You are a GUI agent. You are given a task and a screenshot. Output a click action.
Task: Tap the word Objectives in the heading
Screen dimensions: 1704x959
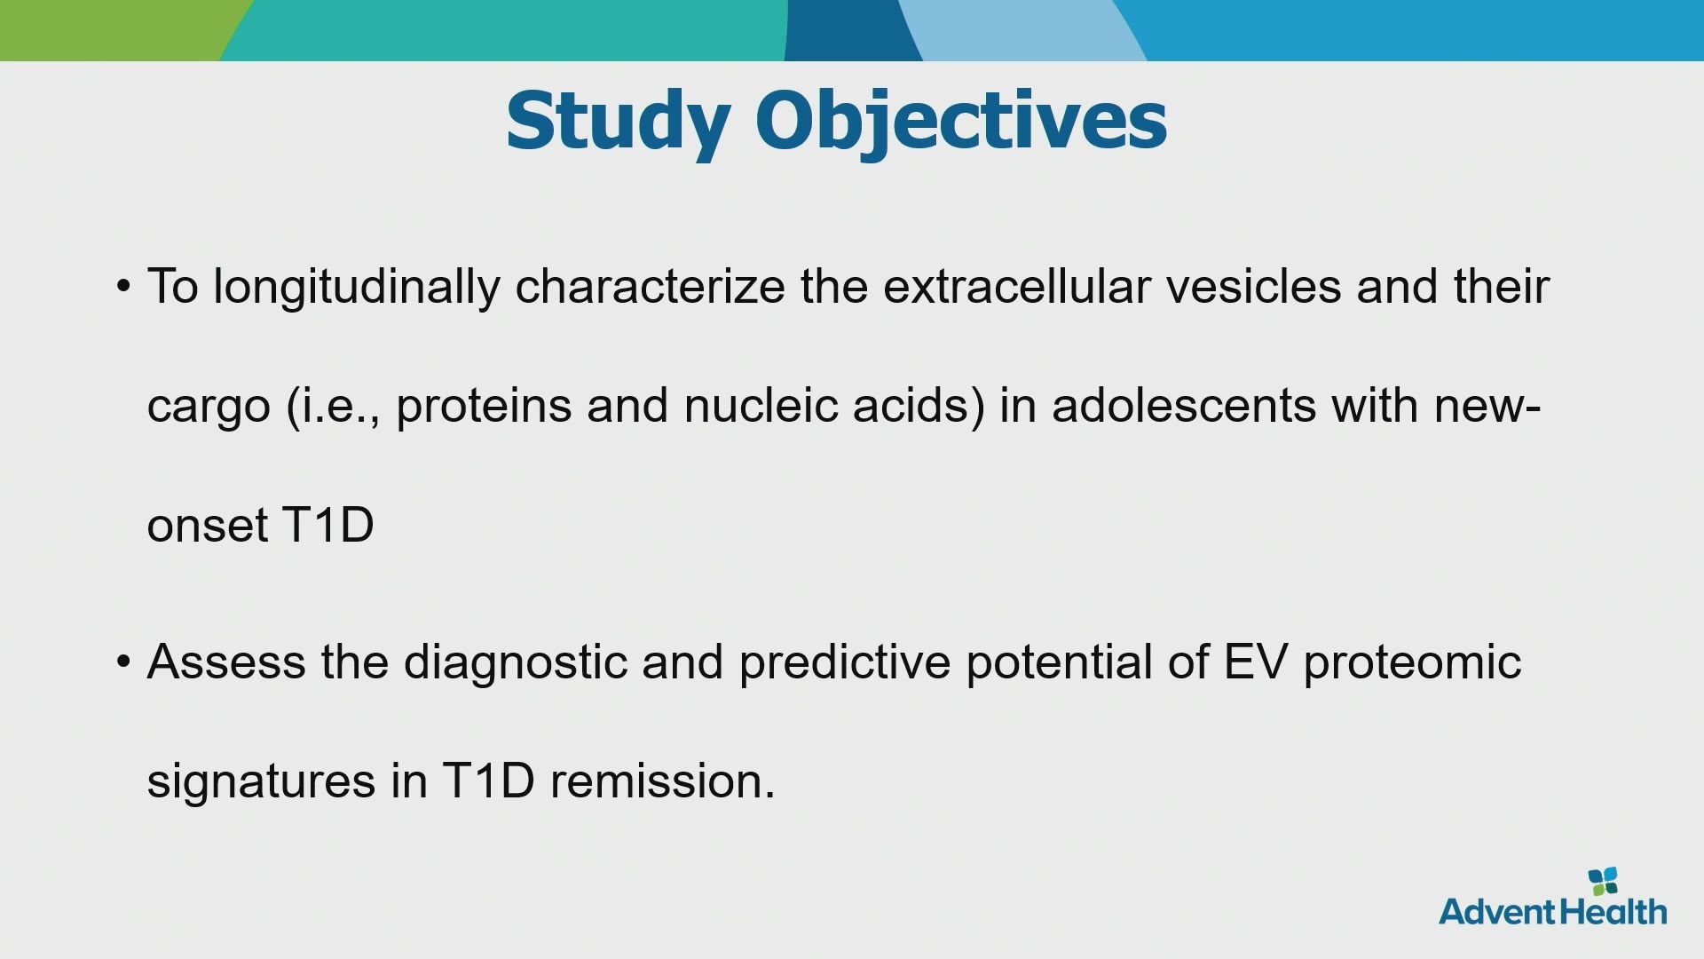click(961, 123)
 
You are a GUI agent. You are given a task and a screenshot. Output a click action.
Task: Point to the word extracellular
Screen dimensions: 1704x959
click(1017, 287)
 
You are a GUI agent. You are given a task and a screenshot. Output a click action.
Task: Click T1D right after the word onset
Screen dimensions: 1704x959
click(327, 525)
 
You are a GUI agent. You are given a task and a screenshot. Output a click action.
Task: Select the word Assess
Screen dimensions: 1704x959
click(226, 662)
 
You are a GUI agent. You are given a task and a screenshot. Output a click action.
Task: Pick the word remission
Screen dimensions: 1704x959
click(663, 781)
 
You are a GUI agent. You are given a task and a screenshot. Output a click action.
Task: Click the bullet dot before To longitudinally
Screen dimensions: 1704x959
click(123, 287)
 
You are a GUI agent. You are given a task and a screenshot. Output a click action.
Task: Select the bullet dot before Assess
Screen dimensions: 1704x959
click(123, 662)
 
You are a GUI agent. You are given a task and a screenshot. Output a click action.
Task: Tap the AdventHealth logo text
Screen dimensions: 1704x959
click(1553, 912)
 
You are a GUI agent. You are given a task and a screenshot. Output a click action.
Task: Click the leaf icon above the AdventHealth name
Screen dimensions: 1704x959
click(1603, 882)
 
